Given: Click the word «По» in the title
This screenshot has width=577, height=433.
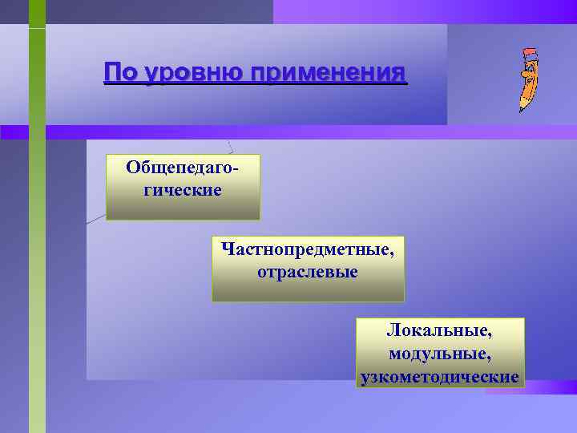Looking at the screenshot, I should tap(120, 73).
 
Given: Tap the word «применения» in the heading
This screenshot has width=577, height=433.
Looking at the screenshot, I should tap(328, 73).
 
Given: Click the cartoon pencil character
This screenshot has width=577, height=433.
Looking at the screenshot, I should tap(526, 80).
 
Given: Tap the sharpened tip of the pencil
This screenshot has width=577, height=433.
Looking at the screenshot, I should tap(521, 109).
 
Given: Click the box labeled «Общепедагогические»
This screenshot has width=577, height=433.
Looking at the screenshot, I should tap(183, 187).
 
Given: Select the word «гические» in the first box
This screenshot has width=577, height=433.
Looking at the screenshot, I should tap(183, 191).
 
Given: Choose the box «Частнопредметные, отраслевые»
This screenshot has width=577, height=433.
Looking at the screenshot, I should tap(308, 269).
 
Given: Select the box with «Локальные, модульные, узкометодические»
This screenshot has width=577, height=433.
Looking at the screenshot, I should tap(440, 353).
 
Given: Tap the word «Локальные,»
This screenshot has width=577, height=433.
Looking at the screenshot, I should tap(440, 330).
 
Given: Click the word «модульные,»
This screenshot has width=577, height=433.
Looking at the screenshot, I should tap(440, 353).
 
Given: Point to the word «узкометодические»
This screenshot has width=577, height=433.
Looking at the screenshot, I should tap(440, 376).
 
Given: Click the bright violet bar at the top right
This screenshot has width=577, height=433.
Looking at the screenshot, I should tap(425, 11).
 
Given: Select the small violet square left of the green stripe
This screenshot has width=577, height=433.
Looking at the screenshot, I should tap(14, 132).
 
